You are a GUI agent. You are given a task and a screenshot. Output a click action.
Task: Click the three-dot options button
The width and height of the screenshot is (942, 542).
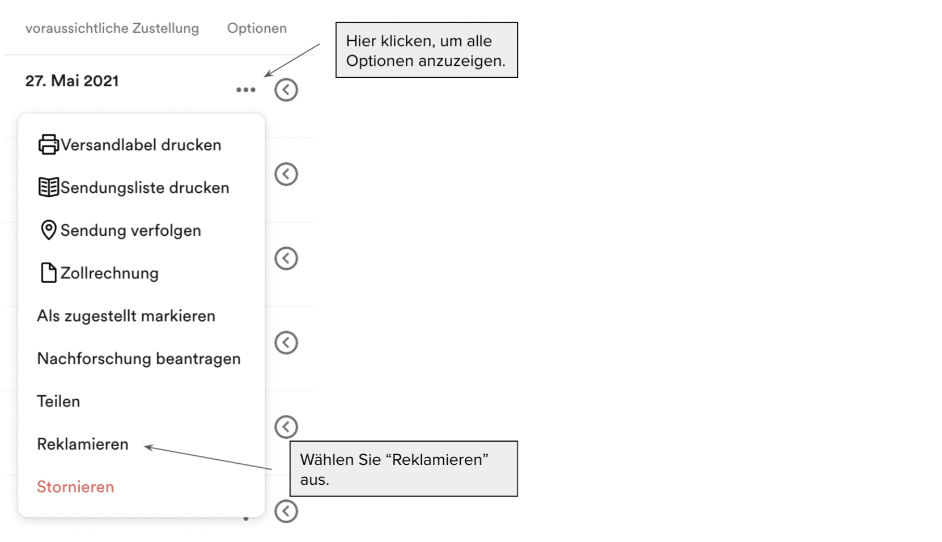pos(245,90)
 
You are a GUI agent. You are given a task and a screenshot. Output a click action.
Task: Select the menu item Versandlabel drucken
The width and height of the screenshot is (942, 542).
pos(141,145)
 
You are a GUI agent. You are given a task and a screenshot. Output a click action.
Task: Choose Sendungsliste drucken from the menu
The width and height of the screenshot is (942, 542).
pos(145,188)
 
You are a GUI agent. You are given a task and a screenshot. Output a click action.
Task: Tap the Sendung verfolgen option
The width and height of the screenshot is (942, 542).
pos(131,231)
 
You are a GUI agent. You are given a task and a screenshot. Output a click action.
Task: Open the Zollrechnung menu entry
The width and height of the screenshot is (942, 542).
pos(109,273)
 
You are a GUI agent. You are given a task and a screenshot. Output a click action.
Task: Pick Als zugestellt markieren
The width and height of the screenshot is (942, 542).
pos(126,316)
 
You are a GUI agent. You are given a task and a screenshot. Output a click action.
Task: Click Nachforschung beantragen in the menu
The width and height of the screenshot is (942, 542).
pos(139,358)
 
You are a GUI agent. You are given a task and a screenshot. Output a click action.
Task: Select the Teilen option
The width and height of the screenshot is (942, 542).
pos(58,401)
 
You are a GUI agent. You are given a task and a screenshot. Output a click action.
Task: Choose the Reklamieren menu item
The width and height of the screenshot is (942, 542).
pos(83,444)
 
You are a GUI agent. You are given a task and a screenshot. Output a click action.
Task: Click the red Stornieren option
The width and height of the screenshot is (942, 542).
pos(75,487)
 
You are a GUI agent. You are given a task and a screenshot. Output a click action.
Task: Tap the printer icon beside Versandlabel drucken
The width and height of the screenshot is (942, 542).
pos(49,145)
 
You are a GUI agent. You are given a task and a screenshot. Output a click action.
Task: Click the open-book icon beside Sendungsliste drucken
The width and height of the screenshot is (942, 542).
pos(49,187)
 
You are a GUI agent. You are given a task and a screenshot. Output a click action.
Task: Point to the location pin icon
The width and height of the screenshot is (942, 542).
pos(49,230)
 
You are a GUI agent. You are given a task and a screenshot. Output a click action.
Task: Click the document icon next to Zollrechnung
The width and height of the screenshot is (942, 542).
pos(48,273)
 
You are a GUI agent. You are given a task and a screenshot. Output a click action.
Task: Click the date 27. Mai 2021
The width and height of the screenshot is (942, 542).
pos(72,81)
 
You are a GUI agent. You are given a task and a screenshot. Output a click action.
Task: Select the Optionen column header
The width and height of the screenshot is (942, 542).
pos(257,28)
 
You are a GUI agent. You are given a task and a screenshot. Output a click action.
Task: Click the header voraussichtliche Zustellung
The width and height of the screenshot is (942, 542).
pos(112,28)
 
